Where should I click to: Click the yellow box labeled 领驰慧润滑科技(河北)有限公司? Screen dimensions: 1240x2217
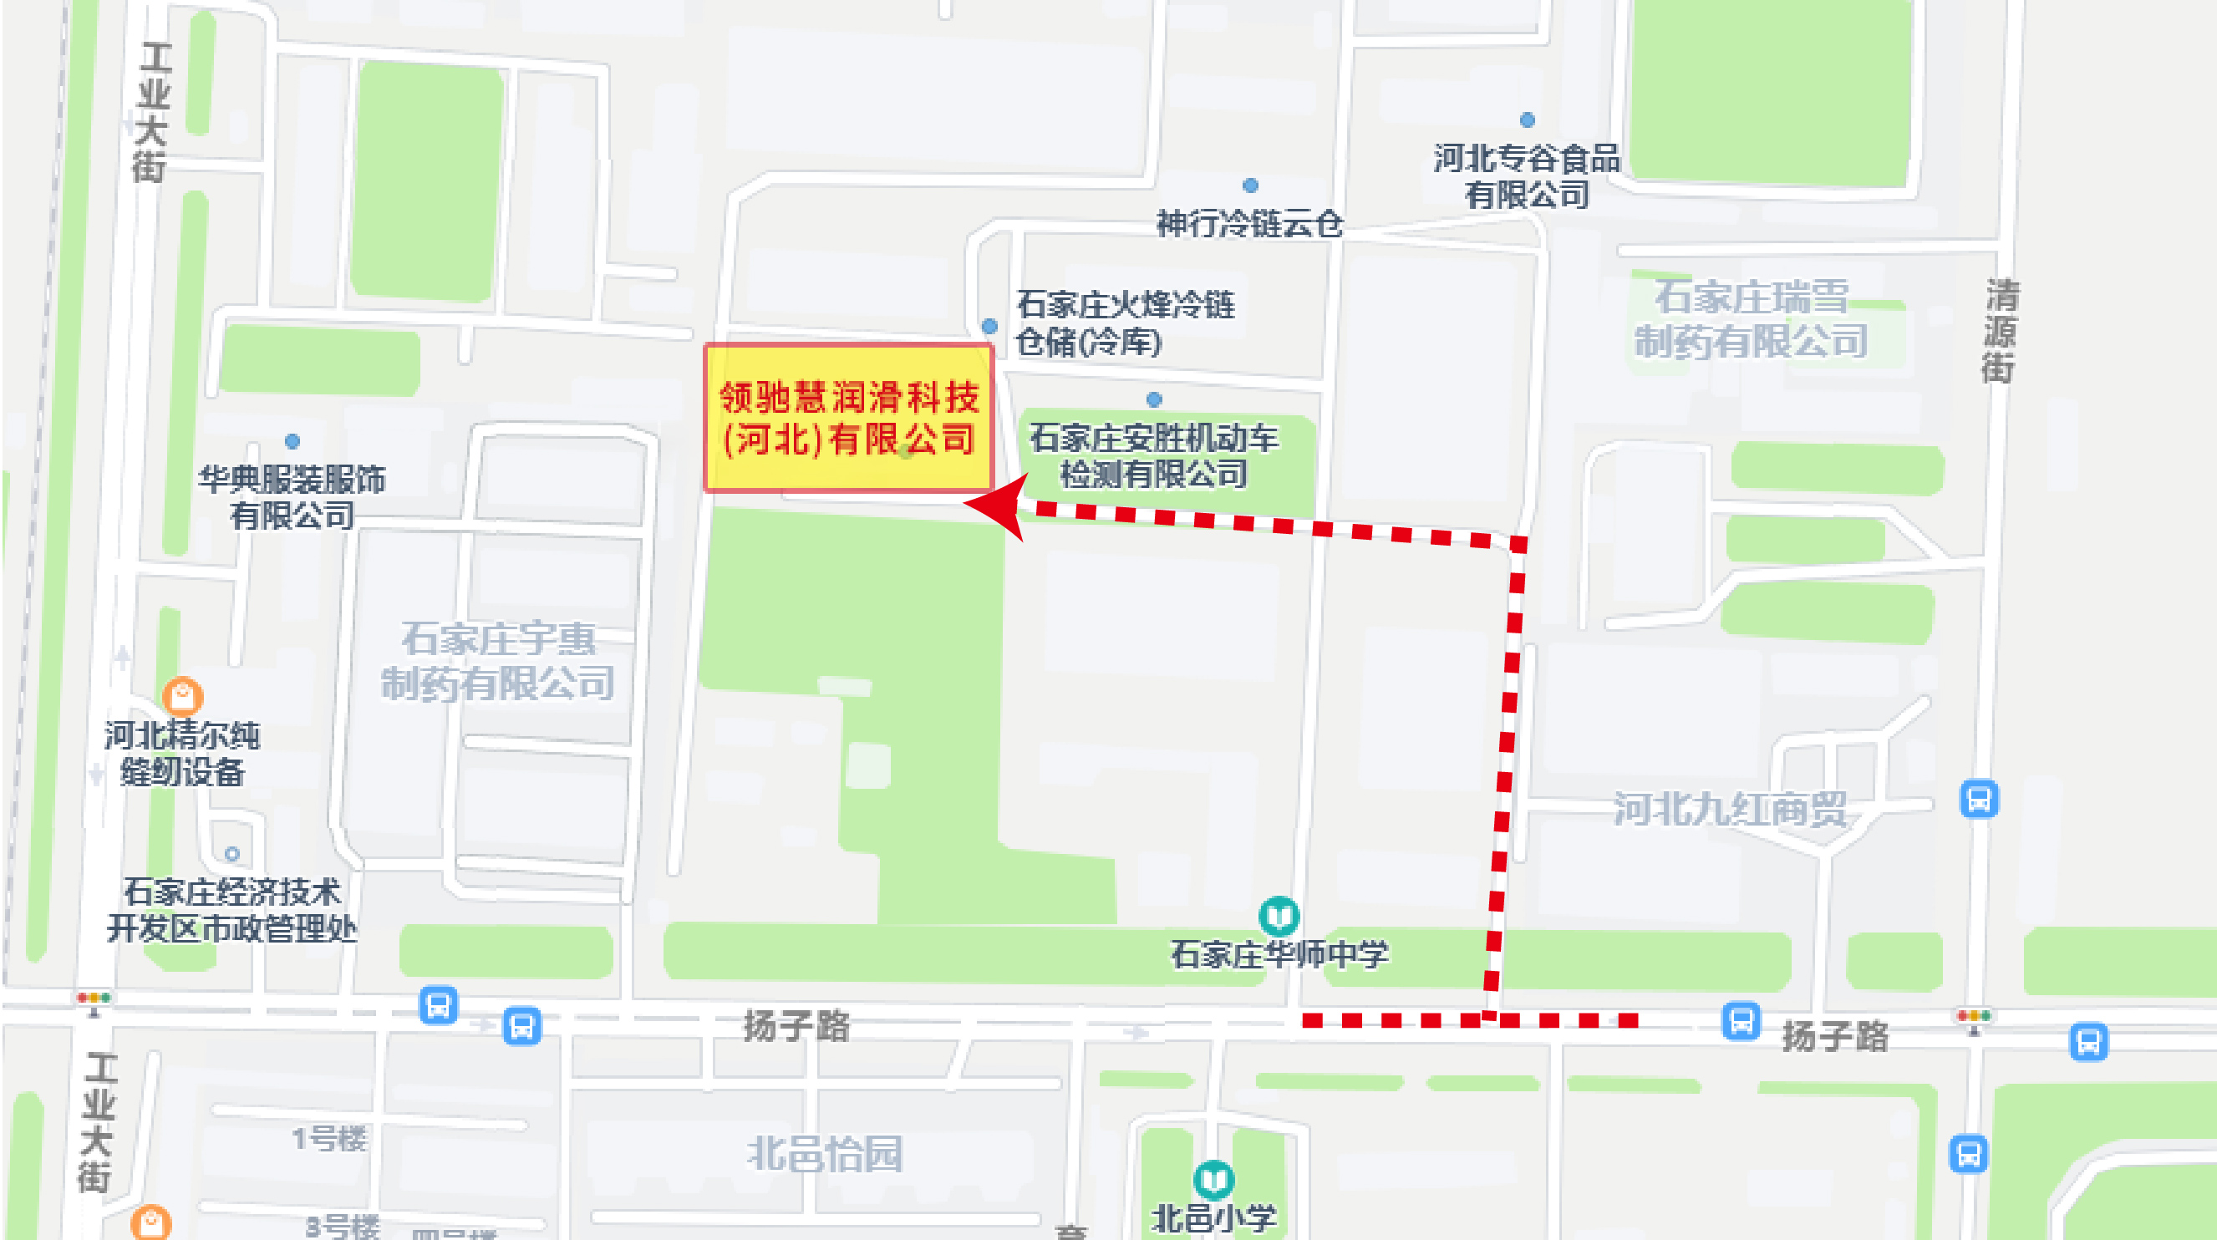(848, 419)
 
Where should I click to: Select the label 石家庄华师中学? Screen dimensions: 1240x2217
(1279, 954)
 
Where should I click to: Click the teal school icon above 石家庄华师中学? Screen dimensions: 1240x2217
(1279, 916)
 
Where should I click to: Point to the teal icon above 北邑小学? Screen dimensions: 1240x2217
(1213, 1180)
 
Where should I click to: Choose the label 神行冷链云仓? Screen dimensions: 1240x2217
(1249, 224)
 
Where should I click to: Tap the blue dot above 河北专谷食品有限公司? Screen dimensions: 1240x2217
(1527, 119)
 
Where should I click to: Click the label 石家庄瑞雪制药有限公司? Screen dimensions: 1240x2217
(1751, 319)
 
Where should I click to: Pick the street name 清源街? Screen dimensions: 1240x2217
(1999, 330)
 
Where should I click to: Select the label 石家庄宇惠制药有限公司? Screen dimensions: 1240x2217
(498, 662)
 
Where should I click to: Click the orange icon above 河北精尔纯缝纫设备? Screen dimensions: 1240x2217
(182, 694)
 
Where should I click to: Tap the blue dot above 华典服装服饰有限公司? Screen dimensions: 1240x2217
(292, 441)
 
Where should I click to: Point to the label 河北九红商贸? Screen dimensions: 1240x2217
(1730, 809)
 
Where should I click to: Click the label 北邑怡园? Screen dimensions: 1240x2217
(825, 1154)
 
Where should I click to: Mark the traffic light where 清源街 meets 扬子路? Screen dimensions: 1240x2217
(1974, 1017)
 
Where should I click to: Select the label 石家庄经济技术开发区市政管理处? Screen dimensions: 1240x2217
(231, 910)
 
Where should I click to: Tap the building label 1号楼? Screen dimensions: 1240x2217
(329, 1140)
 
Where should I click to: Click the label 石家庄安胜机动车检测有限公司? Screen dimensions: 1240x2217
(1154, 456)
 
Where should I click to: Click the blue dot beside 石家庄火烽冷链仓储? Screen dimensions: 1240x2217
(989, 326)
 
